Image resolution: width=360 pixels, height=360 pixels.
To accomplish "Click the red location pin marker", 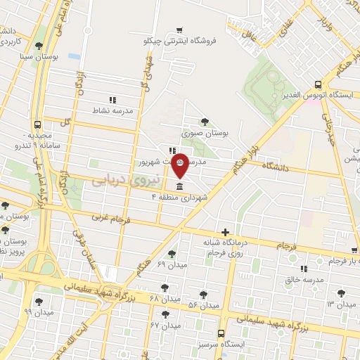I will point(180,164).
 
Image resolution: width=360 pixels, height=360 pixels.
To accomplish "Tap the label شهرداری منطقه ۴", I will point(180,198).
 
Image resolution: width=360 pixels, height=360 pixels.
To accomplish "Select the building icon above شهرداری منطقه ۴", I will point(180,186).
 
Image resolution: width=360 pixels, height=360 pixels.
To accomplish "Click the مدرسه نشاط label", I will point(112,111).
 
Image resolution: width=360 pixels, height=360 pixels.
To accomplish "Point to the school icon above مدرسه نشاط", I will point(112,101).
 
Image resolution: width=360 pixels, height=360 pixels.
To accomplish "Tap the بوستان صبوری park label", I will point(205,132).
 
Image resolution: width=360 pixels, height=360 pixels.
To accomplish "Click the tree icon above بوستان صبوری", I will point(205,122).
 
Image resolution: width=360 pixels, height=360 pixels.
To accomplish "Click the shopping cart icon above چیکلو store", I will point(181,30).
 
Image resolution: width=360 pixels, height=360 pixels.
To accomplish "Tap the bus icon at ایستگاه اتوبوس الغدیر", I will point(319,83).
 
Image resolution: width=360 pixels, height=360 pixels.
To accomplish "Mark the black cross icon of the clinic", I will point(225,232).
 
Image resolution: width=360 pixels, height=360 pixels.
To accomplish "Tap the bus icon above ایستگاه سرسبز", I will point(221,334).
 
